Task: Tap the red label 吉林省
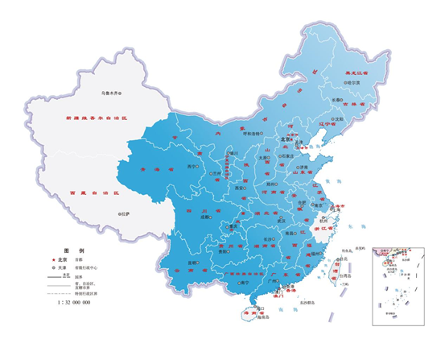click(351, 104)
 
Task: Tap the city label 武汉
click(282, 219)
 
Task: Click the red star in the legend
click(54, 261)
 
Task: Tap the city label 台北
click(348, 259)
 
